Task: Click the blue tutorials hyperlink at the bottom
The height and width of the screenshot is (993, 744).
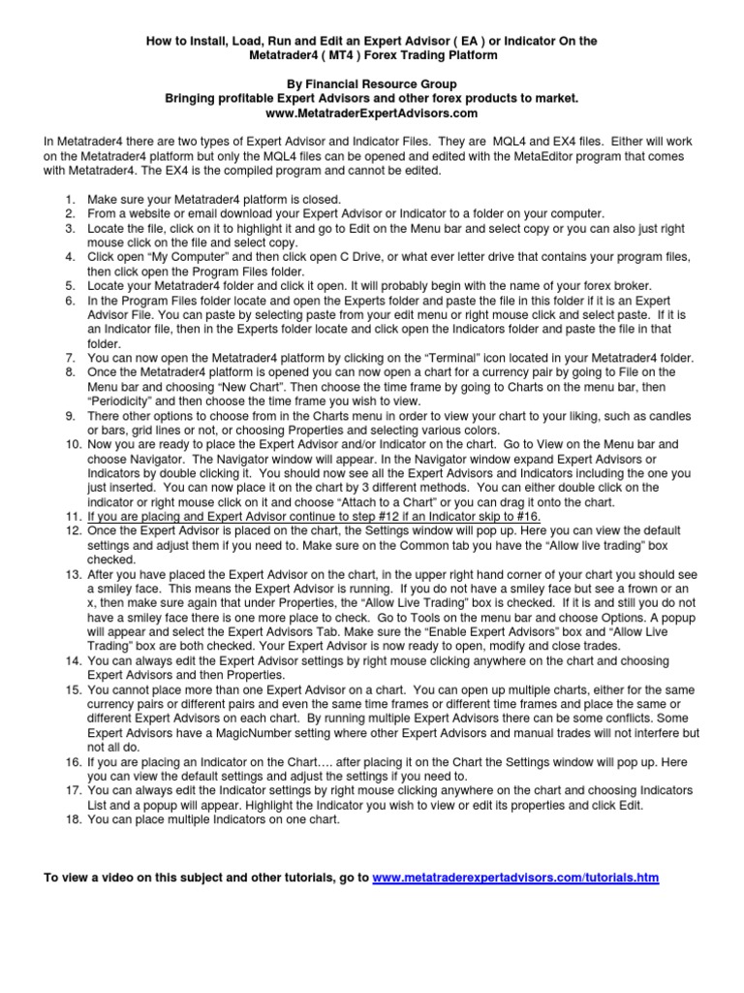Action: pos(515,878)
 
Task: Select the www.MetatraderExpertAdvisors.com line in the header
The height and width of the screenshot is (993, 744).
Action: pos(371,112)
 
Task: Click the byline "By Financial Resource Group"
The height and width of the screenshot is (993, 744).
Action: pos(371,84)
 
